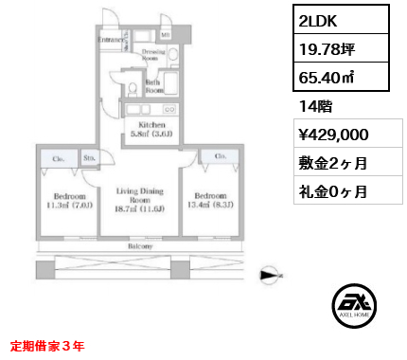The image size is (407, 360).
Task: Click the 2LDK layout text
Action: coord(316,19)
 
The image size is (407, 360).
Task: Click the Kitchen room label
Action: coord(152,130)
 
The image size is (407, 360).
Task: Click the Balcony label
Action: coord(139,244)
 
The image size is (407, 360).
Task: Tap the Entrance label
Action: coord(111,41)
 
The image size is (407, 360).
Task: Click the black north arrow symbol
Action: coord(272,275)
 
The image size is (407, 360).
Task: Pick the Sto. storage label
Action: coord(88,159)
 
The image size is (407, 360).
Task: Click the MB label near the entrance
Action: coord(165,36)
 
